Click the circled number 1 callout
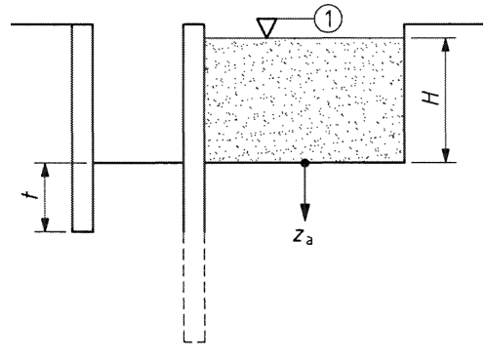click(x=328, y=19)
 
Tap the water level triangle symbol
click(x=266, y=28)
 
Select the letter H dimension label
click(x=430, y=98)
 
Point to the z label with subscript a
click(x=303, y=237)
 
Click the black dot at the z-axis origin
click(x=304, y=163)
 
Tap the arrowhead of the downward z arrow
click(x=304, y=212)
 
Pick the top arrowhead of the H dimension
click(x=446, y=46)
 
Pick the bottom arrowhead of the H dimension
click(x=446, y=155)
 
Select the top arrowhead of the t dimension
click(x=45, y=170)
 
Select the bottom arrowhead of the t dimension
click(x=45, y=224)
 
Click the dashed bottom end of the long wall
click(x=194, y=341)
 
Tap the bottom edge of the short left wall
click(x=83, y=231)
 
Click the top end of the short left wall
click(x=83, y=24)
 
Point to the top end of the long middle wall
click(x=194, y=24)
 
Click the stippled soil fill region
click(x=304, y=100)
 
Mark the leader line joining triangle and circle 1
click(x=296, y=19)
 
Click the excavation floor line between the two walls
click(x=139, y=162)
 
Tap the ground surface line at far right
click(x=443, y=24)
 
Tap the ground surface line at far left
click(x=41, y=24)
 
